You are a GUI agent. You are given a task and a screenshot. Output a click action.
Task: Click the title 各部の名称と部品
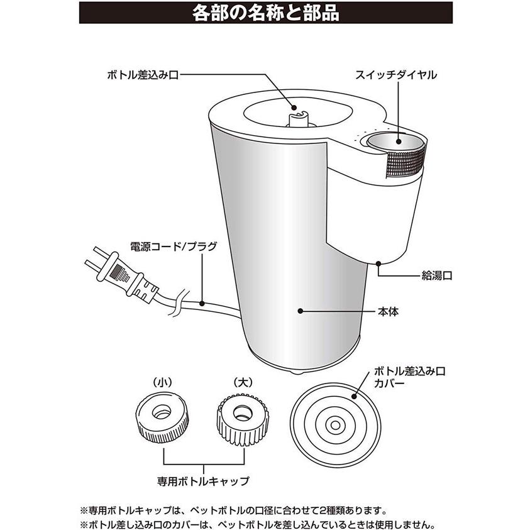tap(266, 13)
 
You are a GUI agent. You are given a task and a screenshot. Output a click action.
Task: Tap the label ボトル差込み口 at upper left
tap(143, 75)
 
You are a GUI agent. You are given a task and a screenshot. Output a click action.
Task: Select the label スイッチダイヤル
tap(396, 75)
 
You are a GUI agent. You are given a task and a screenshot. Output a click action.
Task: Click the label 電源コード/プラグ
tap(174, 246)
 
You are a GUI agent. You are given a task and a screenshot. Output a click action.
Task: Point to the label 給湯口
tap(437, 275)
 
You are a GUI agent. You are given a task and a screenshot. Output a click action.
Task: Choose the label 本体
tap(389, 311)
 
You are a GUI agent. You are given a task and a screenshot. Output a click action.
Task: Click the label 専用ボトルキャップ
tap(203, 481)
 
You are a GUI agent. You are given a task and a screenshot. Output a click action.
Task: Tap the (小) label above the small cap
tap(163, 382)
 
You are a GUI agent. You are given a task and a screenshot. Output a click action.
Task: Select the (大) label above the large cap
tap(243, 382)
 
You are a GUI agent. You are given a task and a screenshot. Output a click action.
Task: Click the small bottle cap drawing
tap(163, 419)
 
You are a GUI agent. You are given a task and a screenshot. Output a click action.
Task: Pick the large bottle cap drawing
tap(243, 419)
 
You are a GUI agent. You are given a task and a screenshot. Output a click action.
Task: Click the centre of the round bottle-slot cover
tap(335, 424)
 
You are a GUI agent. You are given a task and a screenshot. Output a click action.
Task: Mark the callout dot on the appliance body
tap(300, 311)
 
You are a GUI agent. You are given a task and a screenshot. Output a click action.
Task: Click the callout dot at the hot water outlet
tap(379, 263)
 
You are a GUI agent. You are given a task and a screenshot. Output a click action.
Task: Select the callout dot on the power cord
tap(202, 303)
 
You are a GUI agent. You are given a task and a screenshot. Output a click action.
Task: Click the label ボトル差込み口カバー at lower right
tap(409, 378)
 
